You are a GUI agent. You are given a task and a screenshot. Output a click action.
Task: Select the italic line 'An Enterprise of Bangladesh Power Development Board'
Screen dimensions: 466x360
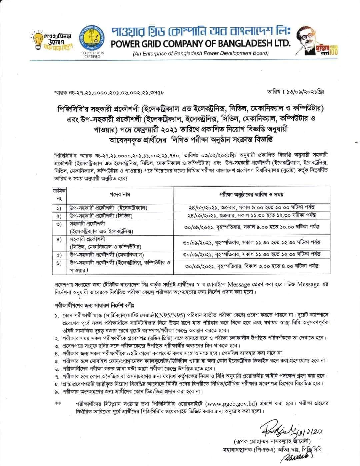201,53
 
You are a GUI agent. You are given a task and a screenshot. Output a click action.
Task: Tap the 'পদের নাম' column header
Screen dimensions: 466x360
120,194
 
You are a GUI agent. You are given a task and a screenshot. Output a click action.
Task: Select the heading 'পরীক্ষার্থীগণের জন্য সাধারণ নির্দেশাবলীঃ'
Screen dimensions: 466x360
96,305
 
